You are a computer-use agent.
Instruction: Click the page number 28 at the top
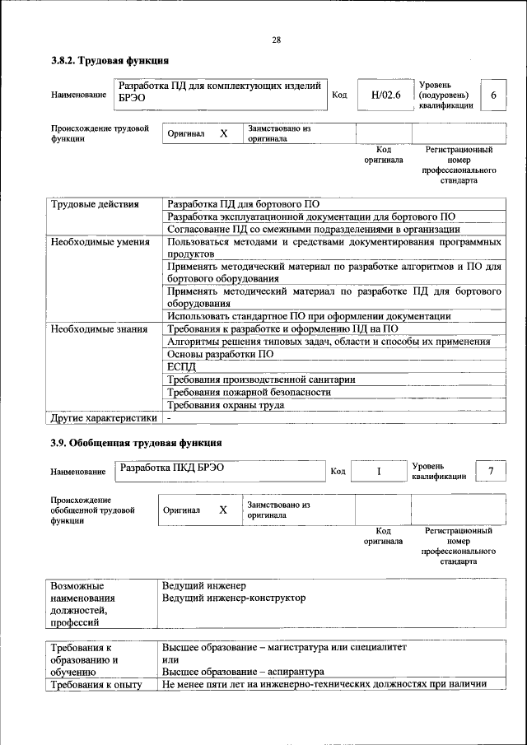pos(277,40)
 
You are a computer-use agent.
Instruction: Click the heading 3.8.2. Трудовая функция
pos(110,61)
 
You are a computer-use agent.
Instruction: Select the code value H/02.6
pos(385,95)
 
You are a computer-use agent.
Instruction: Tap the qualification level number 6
pos(492,95)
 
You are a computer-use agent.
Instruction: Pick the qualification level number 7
pos(491,470)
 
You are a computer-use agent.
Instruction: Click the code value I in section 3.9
pos(379,471)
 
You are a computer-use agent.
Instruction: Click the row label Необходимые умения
pos(100,242)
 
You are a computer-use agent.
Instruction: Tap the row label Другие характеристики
pos(103,417)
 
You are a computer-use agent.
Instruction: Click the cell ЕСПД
pos(180,367)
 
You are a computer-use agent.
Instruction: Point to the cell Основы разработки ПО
pos(220,354)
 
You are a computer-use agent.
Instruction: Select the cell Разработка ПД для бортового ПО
pos(243,204)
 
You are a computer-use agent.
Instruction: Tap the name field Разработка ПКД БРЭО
pos(172,468)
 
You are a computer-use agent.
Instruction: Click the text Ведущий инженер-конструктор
pos(234,598)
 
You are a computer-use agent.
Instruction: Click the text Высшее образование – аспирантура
pos(243,672)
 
